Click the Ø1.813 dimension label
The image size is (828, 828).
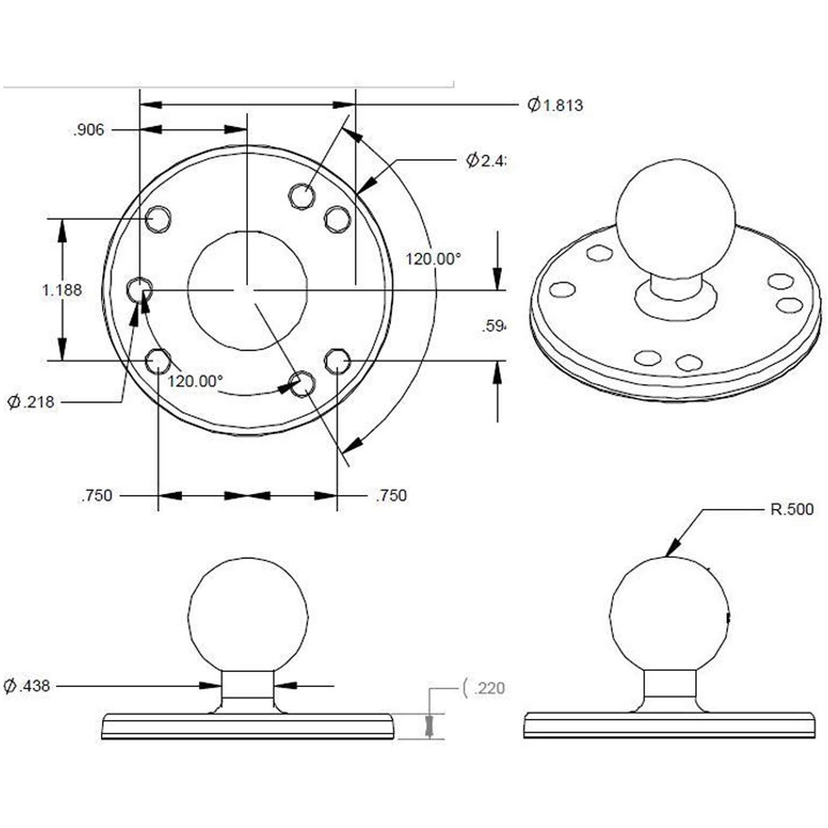pos(555,105)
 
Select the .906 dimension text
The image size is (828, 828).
pos(89,130)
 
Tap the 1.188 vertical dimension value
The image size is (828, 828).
pos(62,290)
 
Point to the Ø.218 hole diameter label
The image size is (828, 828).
pos(31,401)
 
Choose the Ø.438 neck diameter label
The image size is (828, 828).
pos(27,686)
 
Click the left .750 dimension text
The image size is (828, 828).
pos(97,495)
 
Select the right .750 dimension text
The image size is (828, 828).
pos(391,495)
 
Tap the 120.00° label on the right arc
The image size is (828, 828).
pos(433,259)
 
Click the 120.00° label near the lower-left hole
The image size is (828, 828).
pos(195,381)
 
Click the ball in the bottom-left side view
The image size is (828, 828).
pos(248,615)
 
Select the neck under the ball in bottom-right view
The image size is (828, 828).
pos(670,685)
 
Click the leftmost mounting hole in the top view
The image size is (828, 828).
pos(139,290)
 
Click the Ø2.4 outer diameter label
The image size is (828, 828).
pos(486,160)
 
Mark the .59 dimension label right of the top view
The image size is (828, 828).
pos(493,326)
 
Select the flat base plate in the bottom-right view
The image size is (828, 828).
pos(669,725)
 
